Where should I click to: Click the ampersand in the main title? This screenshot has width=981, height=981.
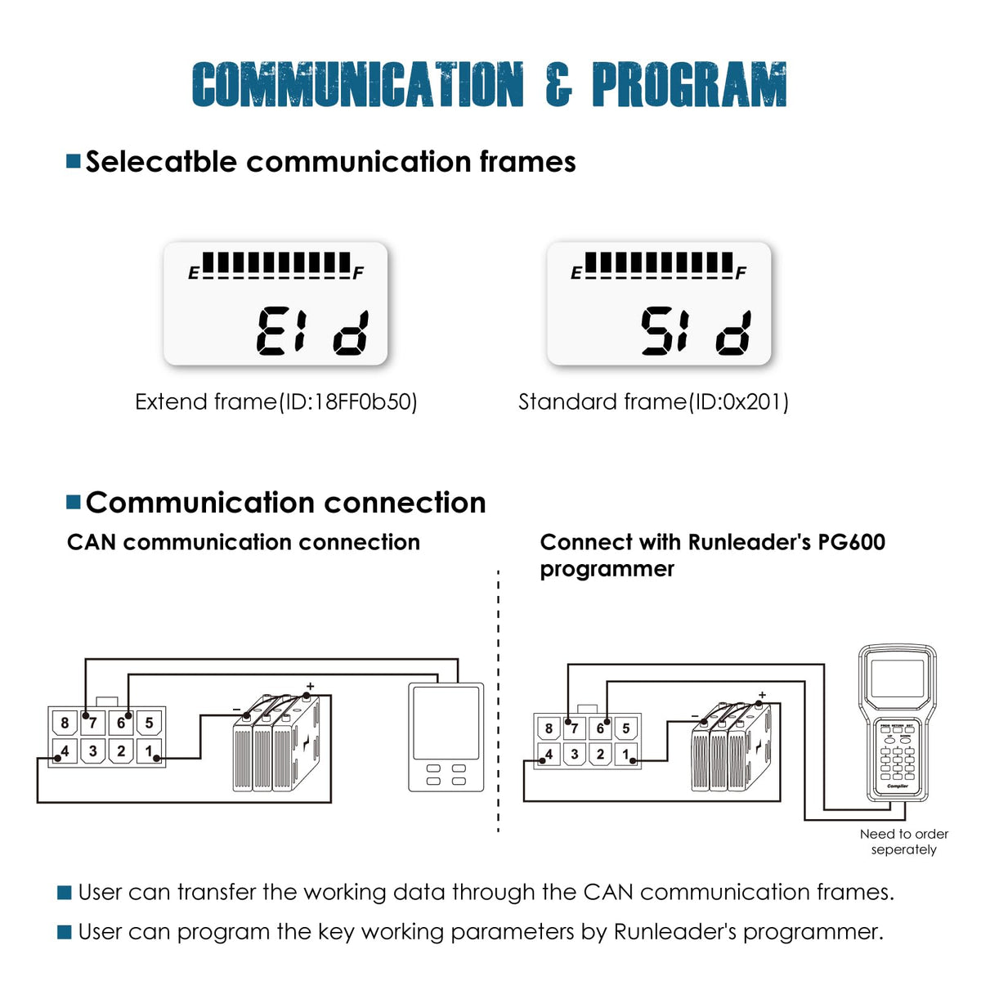(558, 84)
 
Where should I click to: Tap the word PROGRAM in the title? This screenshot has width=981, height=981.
(689, 84)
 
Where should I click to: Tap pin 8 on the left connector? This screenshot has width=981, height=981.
(65, 723)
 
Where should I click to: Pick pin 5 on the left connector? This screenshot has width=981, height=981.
(149, 723)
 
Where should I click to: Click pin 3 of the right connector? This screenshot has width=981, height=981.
(574, 754)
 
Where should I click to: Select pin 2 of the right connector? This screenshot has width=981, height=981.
(600, 754)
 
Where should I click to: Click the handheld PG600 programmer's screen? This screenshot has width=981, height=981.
(898, 679)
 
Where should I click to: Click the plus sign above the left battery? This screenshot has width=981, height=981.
(311, 686)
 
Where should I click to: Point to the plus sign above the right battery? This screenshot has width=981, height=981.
(762, 695)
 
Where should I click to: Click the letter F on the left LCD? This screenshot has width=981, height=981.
(358, 273)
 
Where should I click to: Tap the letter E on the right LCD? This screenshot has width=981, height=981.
(576, 273)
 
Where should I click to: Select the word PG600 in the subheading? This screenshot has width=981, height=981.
(852, 542)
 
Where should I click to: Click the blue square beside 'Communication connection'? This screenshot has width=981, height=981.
(74, 502)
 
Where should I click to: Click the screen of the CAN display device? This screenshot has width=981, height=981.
(446, 723)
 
